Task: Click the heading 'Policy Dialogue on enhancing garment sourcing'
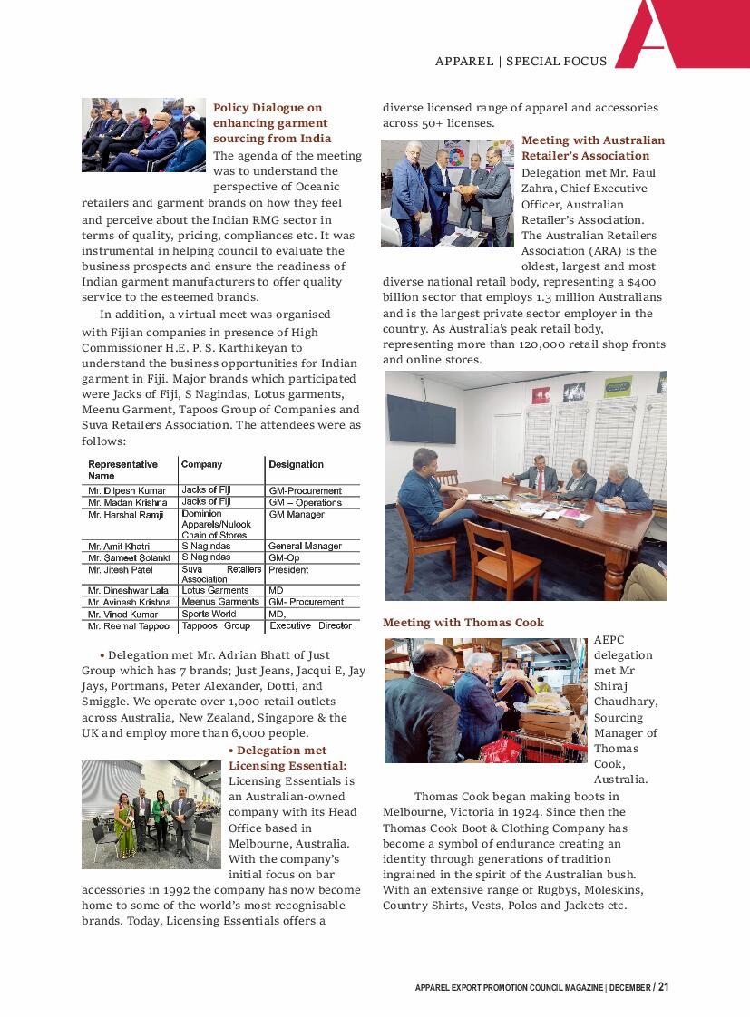tap(271, 123)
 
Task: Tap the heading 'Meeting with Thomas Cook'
tap(463, 623)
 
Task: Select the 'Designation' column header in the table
tap(296, 465)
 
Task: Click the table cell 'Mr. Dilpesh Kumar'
tap(127, 490)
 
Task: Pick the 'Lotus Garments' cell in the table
tap(215, 590)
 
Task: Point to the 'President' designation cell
tap(288, 570)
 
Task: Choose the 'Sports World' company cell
tap(209, 614)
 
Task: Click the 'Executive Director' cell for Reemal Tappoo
tap(310, 625)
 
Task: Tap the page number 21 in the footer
tap(664, 987)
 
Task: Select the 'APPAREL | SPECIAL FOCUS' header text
tap(521, 62)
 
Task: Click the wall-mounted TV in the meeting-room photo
tap(422, 419)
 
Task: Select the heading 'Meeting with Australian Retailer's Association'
tap(593, 148)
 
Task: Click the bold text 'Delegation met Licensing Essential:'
tap(287, 758)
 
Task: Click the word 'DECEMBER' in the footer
tap(629, 988)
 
